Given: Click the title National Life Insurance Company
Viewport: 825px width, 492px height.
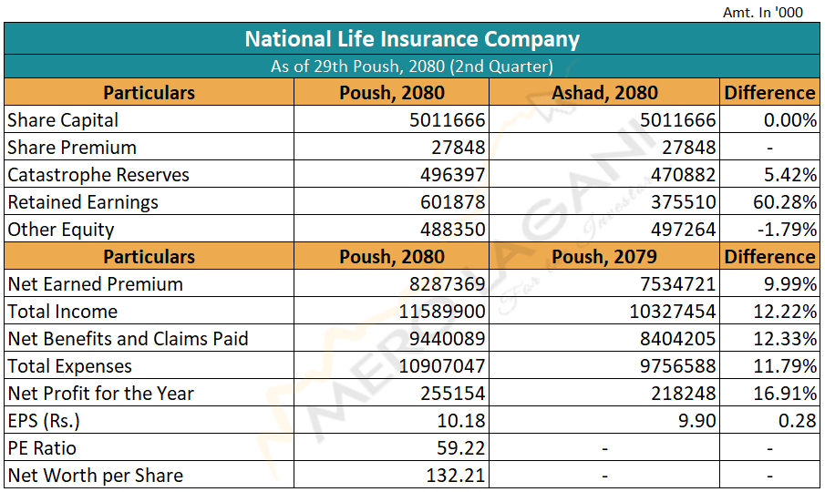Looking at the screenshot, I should [x=412, y=39].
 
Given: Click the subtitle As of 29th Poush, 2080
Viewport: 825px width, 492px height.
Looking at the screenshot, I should [x=412, y=67].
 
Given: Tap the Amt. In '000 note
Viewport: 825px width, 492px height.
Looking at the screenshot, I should [x=762, y=12].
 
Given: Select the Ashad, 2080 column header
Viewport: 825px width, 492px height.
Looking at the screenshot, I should [x=604, y=93].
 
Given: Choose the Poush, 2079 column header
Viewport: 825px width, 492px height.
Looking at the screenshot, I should [x=604, y=257].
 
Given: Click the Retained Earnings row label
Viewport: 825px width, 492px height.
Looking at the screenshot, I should [x=83, y=202].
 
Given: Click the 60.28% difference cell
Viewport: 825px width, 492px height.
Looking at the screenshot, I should [x=789, y=202].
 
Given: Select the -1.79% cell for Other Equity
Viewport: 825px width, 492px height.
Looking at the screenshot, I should [x=789, y=230].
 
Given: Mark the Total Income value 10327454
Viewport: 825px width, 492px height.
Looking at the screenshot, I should [x=673, y=312].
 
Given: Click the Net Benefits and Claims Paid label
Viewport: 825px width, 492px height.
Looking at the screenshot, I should [x=128, y=339].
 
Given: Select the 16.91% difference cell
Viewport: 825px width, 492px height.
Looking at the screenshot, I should [x=789, y=394].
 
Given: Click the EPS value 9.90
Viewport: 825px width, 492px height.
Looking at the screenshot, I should [x=696, y=421].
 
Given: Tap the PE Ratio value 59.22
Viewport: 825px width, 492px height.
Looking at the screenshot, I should [x=461, y=448].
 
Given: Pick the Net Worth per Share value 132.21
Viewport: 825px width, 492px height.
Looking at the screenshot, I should [x=456, y=476].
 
